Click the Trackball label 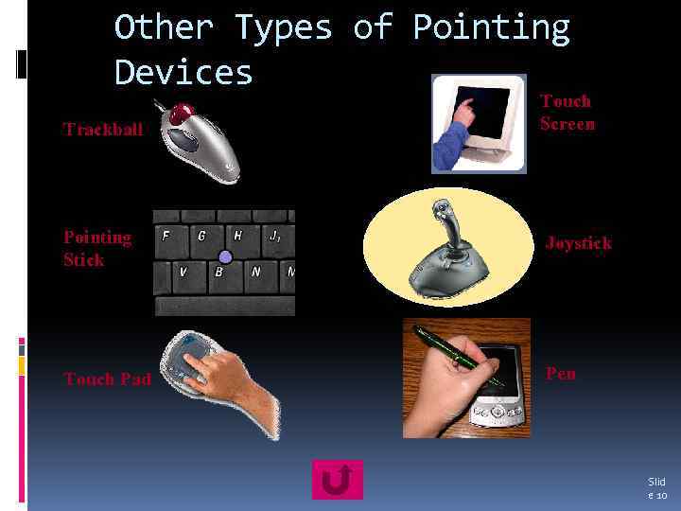click(103, 130)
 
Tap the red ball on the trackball click(176, 115)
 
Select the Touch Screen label click(567, 112)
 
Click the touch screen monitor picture click(479, 123)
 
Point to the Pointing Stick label click(96, 248)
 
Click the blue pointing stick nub click(225, 256)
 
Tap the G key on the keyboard click(201, 237)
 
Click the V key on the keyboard click(183, 273)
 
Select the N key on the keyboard click(255, 273)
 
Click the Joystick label click(578, 243)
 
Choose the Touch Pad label click(107, 379)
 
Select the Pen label click(561, 374)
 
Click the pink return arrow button click(337, 480)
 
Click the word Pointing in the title click(491, 28)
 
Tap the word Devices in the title click(183, 72)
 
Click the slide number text click(656, 488)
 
